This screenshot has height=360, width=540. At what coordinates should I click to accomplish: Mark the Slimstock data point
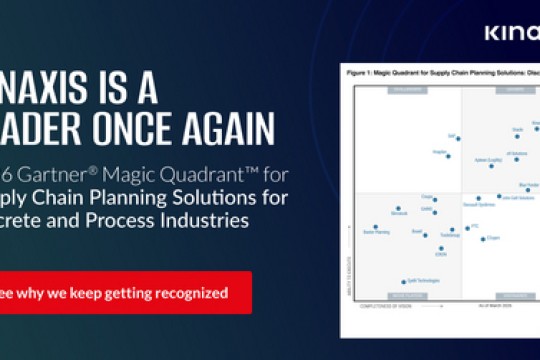(x=397, y=208)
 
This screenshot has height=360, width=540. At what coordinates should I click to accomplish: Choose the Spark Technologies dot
(x=403, y=282)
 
